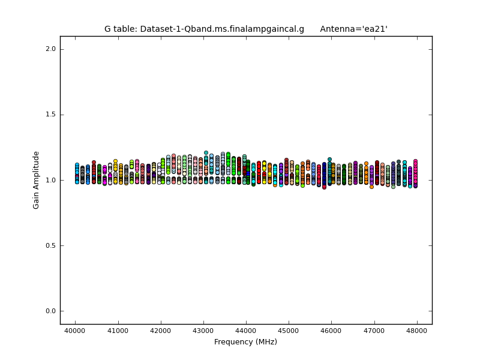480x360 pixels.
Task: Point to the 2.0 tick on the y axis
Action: (50, 49)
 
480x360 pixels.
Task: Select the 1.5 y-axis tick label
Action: (50, 115)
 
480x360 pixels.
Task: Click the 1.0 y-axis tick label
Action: (50, 180)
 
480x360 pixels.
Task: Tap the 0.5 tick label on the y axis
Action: (50, 245)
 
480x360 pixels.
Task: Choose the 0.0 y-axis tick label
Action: (50, 311)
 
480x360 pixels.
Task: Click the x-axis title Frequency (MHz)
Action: (245, 342)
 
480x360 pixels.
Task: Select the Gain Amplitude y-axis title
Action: (37, 180)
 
